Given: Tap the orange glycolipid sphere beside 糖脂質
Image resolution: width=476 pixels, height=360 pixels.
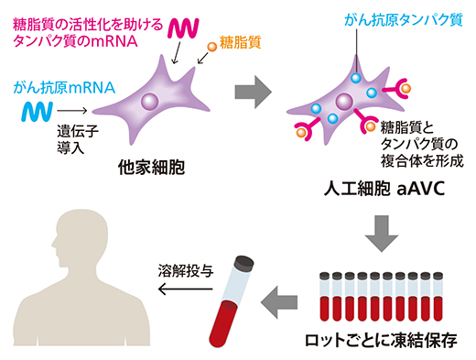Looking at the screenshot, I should coord(212,44).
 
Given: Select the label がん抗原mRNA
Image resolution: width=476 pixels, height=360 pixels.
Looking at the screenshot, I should coord(64,88).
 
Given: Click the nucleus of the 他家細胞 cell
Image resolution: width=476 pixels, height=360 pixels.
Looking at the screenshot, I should coord(152,102).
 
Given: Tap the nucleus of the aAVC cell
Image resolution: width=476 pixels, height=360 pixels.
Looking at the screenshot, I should coord(344,101).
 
